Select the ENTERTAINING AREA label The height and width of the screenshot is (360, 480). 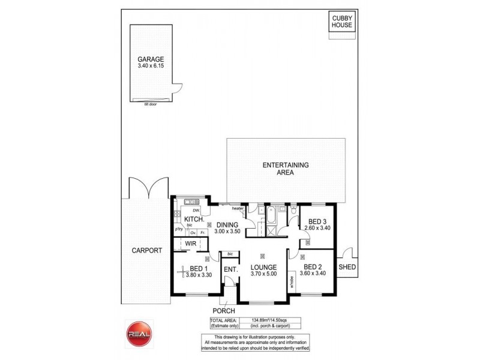[286, 168]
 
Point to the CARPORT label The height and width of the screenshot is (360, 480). [146, 251]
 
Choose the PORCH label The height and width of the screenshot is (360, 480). [223, 311]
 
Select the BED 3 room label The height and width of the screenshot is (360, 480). [314, 220]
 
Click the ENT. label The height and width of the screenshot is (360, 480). [230, 270]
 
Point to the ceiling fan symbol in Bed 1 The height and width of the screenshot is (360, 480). [182, 272]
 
